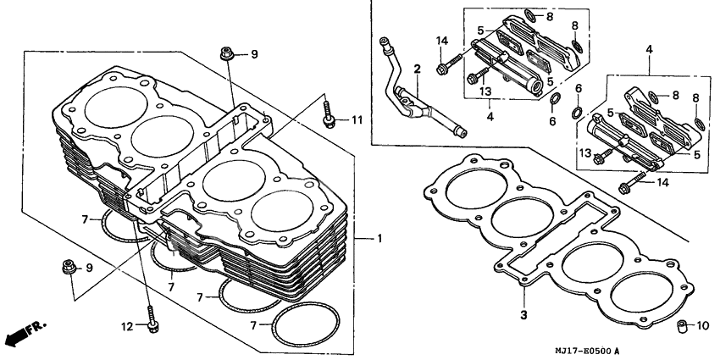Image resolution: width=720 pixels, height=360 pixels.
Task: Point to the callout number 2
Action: click(x=417, y=67)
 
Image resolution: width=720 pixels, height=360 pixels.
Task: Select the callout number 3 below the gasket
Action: click(x=523, y=315)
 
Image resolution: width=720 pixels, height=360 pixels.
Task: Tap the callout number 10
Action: click(x=702, y=325)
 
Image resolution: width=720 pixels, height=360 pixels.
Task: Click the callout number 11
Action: click(x=357, y=119)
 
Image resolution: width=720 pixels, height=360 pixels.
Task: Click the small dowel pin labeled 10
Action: click(x=680, y=325)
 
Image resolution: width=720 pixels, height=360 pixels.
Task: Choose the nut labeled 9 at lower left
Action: click(x=67, y=269)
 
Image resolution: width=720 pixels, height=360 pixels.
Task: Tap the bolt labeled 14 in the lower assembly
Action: click(x=630, y=185)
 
